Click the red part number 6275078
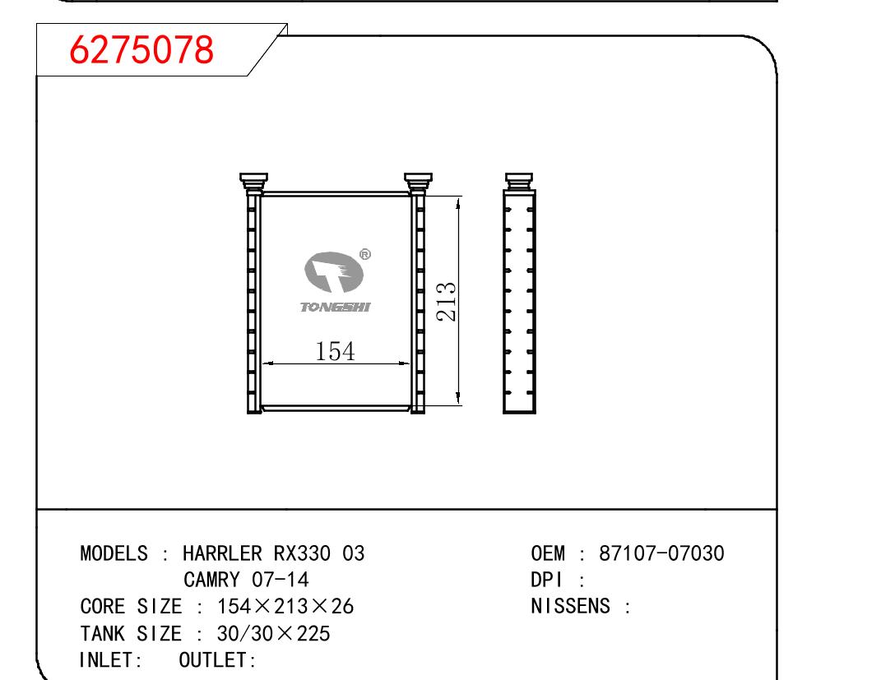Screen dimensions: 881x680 point(141,49)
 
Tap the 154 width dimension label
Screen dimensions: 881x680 point(335,351)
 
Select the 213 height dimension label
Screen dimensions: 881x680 point(446,302)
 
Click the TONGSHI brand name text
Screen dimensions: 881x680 point(336,307)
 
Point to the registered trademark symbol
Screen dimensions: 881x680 point(364,254)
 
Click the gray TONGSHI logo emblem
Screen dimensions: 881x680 point(334,272)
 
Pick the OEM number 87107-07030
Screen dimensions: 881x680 point(661,553)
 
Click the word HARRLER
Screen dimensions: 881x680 point(222,553)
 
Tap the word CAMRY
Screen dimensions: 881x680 point(211,580)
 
